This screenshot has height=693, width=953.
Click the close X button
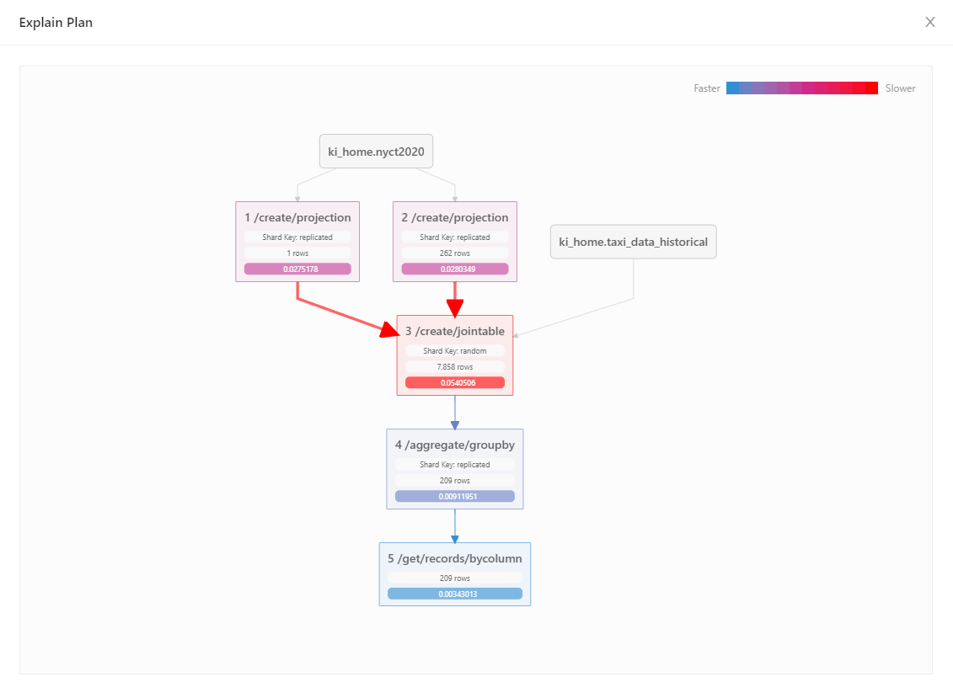pyautogui.click(x=930, y=22)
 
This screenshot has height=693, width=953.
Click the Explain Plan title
pyautogui.click(x=56, y=23)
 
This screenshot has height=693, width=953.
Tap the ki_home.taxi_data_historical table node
pyautogui.click(x=633, y=243)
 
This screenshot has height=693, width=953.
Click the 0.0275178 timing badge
pyautogui.click(x=297, y=269)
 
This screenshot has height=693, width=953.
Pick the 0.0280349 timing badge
pyautogui.click(x=455, y=269)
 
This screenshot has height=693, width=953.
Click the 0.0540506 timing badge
pyautogui.click(x=455, y=383)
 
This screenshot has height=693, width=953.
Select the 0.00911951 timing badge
pyautogui.click(x=455, y=497)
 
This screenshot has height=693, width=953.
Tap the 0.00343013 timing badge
pyautogui.click(x=455, y=594)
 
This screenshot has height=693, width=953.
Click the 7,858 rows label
pyautogui.click(x=455, y=367)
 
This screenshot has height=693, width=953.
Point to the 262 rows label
pyautogui.click(x=455, y=253)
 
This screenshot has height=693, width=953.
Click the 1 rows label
pyautogui.click(x=297, y=253)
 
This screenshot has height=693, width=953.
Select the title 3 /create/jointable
pyautogui.click(x=455, y=332)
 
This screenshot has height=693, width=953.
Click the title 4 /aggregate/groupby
pyautogui.click(x=455, y=445)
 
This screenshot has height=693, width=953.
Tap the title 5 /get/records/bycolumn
pyautogui.click(x=455, y=559)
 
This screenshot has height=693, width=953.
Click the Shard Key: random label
pyautogui.click(x=455, y=351)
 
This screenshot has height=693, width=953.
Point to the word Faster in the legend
pyautogui.click(x=706, y=88)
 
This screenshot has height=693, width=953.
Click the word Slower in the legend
pyautogui.click(x=900, y=88)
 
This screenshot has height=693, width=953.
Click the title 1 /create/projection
pyautogui.click(x=297, y=218)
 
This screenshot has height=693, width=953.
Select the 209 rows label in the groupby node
pyautogui.click(x=455, y=481)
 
